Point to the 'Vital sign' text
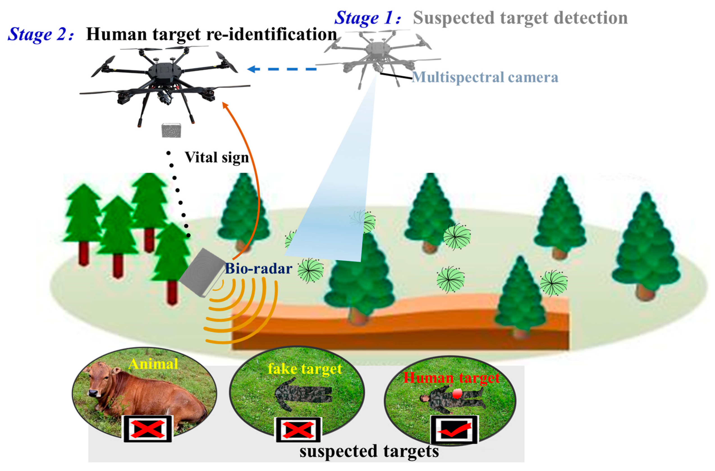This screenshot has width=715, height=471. (217, 157)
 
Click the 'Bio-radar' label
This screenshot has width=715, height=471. (258, 268)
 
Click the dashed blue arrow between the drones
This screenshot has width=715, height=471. (281, 69)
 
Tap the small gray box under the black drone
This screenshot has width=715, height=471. (171, 130)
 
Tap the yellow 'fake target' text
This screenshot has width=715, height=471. (305, 369)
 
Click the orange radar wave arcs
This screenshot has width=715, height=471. (241, 312)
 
